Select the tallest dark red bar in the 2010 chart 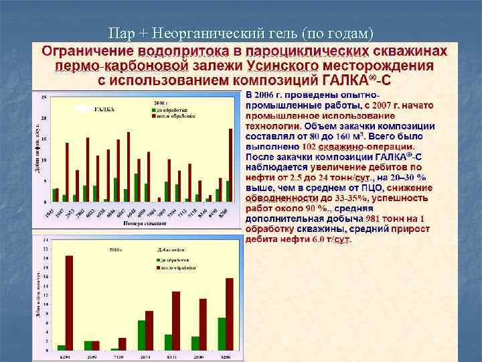(68, 302)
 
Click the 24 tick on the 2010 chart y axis (45, 239)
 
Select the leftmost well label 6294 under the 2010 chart (64, 356)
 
